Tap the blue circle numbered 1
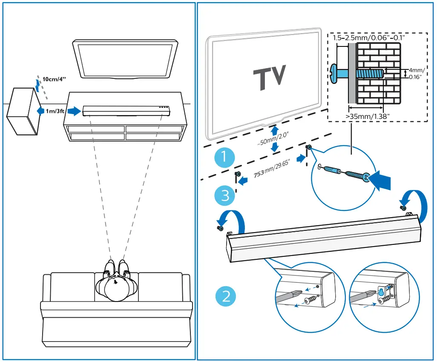tap(224, 158)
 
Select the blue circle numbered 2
tap(226, 296)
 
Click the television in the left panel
tap(125, 60)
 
